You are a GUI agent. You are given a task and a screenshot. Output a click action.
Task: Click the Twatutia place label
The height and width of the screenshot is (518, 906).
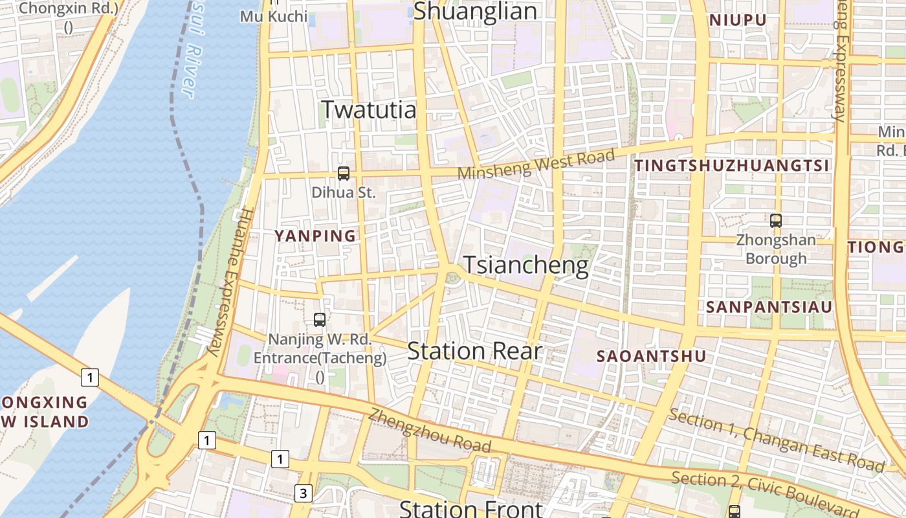coord(369,109)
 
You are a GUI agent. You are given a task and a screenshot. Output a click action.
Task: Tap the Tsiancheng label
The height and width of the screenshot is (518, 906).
coord(526,265)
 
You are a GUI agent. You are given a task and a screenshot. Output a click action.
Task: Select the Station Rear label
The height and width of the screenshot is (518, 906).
coord(474,351)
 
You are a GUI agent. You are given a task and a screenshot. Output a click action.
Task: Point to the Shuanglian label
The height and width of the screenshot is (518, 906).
coord(475,11)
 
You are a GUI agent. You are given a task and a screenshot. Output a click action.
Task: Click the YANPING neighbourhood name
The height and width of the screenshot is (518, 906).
coord(316,236)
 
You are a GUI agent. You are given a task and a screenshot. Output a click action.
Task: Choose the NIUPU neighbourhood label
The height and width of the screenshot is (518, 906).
coord(738,20)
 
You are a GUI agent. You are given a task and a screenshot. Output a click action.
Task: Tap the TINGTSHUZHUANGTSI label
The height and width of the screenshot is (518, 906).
coord(732,166)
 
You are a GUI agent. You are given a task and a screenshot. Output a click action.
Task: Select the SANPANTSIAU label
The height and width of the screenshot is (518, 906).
coord(769,307)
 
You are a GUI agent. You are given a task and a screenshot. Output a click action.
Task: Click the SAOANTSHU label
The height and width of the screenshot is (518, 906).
coord(652,356)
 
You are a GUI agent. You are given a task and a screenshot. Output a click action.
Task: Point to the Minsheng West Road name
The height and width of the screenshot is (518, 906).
coord(536,165)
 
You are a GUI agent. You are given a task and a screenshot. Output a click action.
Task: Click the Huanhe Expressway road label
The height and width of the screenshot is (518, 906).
coord(228,282)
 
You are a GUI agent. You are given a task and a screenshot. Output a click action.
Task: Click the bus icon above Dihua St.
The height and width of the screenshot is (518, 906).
coord(344,174)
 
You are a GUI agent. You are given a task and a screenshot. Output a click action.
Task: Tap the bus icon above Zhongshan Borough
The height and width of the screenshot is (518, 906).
coord(776,221)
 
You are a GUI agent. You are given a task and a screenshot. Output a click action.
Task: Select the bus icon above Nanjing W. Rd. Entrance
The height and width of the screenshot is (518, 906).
coord(320,319)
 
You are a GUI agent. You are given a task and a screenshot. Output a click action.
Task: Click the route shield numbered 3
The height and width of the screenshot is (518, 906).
coord(303,493)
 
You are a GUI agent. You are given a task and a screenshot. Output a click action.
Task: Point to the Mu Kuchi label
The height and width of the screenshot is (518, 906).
coord(274,16)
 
